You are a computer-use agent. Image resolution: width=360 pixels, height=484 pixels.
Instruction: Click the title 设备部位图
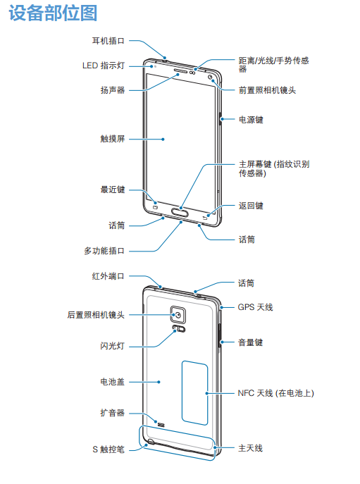coord(53,13)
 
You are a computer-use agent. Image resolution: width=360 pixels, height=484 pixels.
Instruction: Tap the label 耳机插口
coord(108,41)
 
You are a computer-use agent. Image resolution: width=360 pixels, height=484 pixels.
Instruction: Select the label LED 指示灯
coord(104,66)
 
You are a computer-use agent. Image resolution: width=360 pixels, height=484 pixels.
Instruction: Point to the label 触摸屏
coord(113,139)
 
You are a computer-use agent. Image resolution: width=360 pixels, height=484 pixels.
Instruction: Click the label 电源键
coord(251,120)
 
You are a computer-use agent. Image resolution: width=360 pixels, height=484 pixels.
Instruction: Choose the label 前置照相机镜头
coord(268,90)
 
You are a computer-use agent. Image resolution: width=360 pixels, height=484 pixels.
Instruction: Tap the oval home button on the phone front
coord(180,212)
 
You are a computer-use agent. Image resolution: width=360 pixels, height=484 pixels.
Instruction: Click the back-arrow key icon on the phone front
coord(205,218)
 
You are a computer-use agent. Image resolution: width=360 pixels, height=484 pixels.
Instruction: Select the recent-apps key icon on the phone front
coord(155,207)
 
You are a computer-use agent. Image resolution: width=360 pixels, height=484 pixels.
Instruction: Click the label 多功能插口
coord(104,251)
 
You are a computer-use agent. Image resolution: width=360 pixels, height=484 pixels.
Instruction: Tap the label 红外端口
coord(108,276)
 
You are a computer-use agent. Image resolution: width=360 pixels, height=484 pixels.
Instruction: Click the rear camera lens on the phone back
coord(178,315)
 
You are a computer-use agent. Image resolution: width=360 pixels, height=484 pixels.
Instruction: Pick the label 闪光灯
coord(113,346)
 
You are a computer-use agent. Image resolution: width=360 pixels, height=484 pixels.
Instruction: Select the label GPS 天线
coord(255,307)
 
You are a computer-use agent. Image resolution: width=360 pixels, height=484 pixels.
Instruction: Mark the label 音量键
coord(250,342)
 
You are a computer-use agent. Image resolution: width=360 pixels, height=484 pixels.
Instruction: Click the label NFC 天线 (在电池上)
coord(276,393)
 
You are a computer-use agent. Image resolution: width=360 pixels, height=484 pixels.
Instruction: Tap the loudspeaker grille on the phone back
coord(161,425)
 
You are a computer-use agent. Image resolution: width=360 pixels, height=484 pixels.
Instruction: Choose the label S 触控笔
coord(108,449)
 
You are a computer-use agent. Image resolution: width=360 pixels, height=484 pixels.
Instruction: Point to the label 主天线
coord(250,448)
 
